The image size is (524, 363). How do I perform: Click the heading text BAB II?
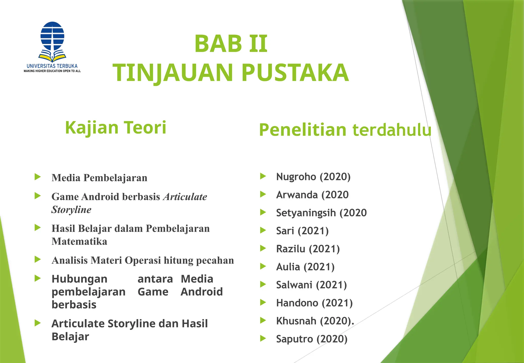[x=231, y=44]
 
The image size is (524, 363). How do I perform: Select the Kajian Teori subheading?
[x=116, y=127]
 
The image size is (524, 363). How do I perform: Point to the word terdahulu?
[x=392, y=130]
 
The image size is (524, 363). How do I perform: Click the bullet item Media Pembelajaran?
[x=99, y=178]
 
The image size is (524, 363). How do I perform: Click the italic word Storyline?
[x=71, y=210]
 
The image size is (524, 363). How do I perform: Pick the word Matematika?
[x=79, y=241]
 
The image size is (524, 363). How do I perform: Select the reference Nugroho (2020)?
[x=313, y=177]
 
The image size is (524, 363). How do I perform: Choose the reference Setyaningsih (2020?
[x=321, y=213]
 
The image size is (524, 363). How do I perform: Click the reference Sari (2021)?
[x=302, y=231]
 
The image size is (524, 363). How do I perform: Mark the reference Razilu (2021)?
[x=308, y=249]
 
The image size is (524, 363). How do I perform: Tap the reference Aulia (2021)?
[x=305, y=267]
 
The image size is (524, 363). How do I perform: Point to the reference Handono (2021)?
[x=314, y=303]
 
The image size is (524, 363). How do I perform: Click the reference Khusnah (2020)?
[x=315, y=321]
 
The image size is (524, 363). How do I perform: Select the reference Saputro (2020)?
[x=312, y=339]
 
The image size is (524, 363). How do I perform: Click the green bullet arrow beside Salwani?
[x=263, y=284]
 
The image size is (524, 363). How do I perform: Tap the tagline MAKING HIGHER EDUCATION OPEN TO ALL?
[x=52, y=71]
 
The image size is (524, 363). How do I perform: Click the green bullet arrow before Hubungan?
[x=38, y=278]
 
